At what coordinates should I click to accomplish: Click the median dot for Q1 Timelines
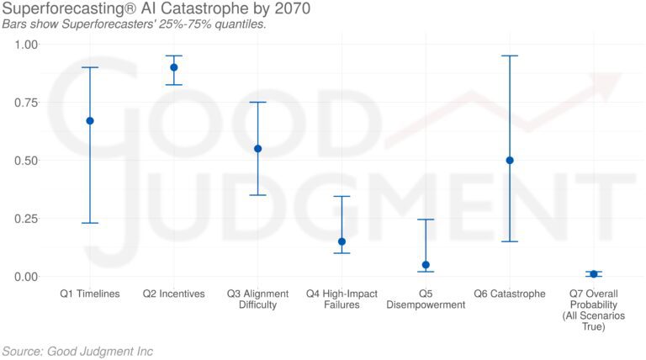[x=90, y=120]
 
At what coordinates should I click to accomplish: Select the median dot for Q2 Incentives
[x=174, y=67]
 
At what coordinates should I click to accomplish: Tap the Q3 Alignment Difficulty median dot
[x=258, y=149]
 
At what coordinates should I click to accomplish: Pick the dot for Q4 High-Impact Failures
[x=342, y=241]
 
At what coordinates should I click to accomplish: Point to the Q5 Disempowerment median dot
[x=426, y=265]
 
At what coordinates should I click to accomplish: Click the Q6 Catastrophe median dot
[x=510, y=160]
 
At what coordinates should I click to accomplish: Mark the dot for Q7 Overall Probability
[x=594, y=274]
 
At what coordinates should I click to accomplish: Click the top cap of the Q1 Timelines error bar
[x=90, y=67]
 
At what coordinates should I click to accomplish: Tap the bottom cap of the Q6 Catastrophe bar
[x=510, y=241]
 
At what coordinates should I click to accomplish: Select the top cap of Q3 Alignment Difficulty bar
[x=258, y=102]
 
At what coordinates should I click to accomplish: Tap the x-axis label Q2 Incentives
[x=174, y=294]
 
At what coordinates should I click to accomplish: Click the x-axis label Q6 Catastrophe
[x=510, y=294]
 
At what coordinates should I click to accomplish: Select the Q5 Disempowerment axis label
[x=426, y=299]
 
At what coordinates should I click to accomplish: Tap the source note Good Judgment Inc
[x=77, y=351]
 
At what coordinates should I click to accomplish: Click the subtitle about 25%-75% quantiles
[x=135, y=24]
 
